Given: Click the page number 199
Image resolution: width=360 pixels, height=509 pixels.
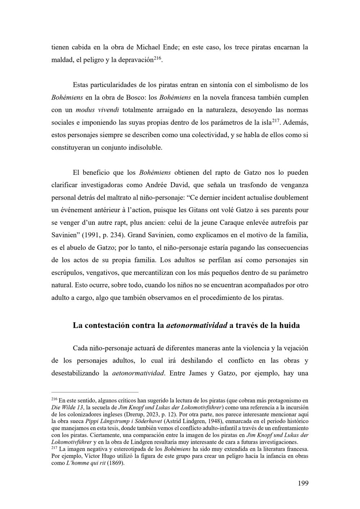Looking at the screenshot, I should point(303,483).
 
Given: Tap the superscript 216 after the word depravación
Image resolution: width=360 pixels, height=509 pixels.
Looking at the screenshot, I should point(158,58).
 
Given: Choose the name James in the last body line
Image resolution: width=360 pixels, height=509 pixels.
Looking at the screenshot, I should point(198,373).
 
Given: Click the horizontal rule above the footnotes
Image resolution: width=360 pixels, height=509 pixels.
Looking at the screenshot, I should point(95,392).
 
